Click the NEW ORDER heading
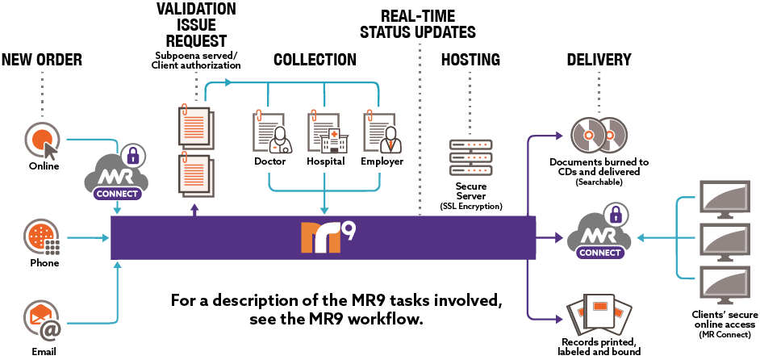point(42,60)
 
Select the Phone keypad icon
point(41,237)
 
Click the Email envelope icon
point(41,320)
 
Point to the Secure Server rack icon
point(471,157)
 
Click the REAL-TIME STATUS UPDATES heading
point(417,24)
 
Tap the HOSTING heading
point(470,60)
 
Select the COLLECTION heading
point(314,60)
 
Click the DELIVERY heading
point(599,60)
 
